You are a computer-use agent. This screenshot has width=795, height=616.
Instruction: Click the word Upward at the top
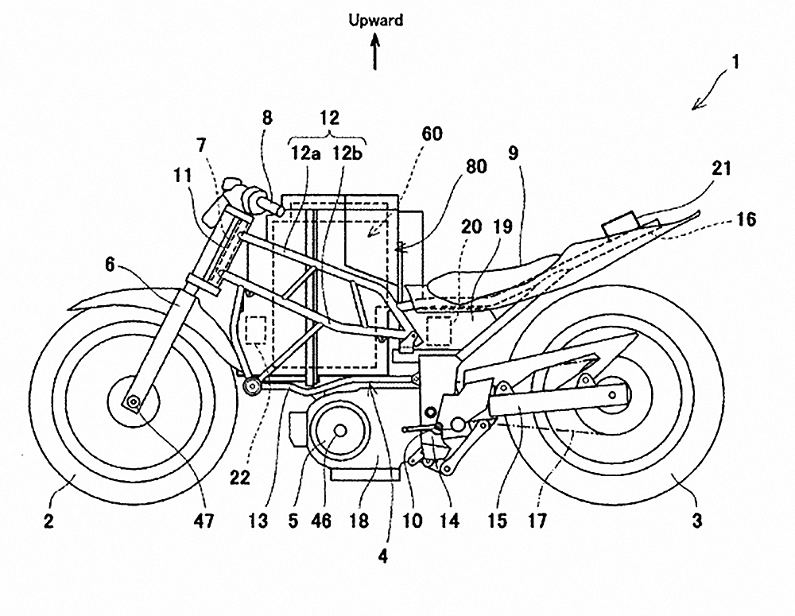pyautogui.click(x=376, y=21)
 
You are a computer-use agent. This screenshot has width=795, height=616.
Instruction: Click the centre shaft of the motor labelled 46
pyautogui.click(x=339, y=430)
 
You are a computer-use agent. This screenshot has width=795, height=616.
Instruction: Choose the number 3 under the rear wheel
pyautogui.click(x=696, y=521)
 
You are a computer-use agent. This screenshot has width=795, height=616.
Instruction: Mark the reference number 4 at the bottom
pyautogui.click(x=383, y=557)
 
